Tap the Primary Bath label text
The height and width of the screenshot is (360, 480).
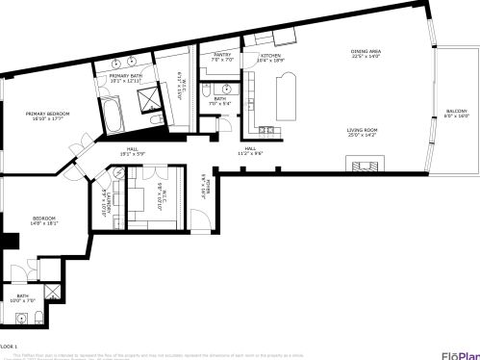tap(126, 78)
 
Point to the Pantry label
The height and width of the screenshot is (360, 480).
tap(221, 57)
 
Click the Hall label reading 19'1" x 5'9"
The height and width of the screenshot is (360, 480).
tap(133, 151)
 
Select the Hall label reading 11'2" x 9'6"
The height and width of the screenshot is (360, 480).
tap(250, 150)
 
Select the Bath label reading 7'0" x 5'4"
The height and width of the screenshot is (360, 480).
tap(220, 101)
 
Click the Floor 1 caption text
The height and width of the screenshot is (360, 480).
tap(10, 346)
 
